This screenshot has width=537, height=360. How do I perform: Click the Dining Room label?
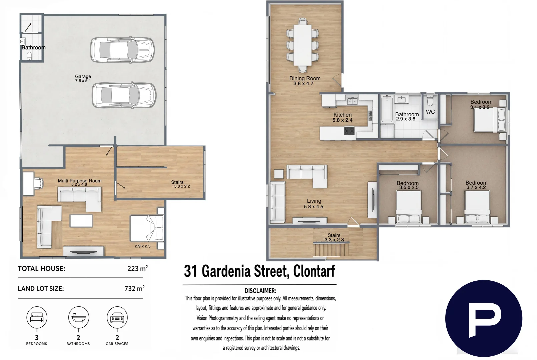tap(305, 78)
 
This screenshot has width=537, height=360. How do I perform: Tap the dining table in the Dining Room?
tap(303, 45)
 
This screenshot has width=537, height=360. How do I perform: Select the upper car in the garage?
tap(122, 50)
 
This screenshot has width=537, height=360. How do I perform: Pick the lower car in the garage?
tap(124, 95)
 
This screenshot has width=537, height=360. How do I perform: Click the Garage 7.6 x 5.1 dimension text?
tap(83, 81)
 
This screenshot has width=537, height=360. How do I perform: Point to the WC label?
tap(430, 112)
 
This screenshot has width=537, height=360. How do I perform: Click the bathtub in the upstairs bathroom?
tap(387, 109)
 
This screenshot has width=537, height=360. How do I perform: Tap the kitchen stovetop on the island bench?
tap(349, 131)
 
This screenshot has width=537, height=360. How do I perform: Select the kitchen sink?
tap(352, 101)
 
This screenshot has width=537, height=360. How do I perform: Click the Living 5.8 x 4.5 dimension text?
tap(314, 206)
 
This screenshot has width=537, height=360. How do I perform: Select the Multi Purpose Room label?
tap(80, 181)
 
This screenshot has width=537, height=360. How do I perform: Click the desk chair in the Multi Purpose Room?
tap(38, 183)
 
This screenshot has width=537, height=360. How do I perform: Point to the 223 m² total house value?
tap(137, 268)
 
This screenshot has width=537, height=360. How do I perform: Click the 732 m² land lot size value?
tap(134, 288)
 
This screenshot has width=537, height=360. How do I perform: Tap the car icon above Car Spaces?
tap(117, 318)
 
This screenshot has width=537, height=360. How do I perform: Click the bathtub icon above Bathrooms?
tap(78, 318)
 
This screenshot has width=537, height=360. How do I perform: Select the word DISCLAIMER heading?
tap(260, 291)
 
